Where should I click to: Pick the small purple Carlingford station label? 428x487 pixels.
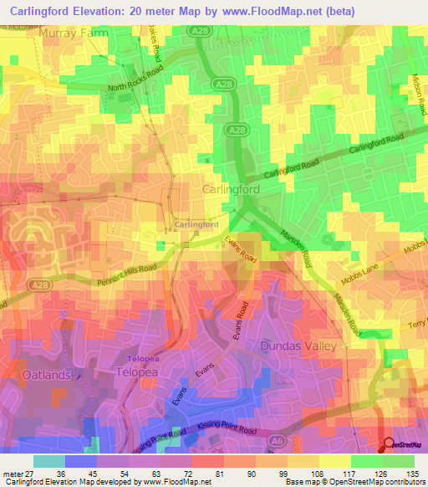coord(196,225)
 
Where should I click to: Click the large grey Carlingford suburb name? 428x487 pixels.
coord(231,190)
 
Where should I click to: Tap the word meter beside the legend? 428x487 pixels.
coord(12,474)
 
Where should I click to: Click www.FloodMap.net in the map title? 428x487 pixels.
coord(268,12)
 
